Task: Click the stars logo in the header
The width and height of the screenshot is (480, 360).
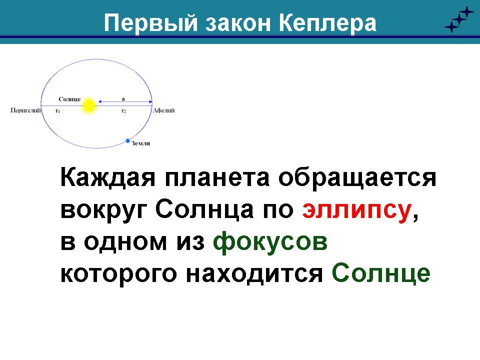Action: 459,19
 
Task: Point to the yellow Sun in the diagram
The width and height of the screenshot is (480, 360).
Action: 89,106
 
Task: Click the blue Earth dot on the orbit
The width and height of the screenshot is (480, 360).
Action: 128,141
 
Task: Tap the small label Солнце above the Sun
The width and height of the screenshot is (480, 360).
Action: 69,99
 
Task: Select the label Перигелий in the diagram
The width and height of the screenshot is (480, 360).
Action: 25,110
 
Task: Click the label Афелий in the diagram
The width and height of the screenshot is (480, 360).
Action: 164,110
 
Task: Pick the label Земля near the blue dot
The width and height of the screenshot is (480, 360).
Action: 141,143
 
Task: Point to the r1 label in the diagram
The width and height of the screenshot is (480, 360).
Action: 58,111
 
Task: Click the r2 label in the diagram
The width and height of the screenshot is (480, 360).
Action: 123,111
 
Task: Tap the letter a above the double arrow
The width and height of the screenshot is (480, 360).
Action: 123,99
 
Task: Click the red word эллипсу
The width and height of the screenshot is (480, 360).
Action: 356,211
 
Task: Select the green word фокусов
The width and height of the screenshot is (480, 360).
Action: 270,242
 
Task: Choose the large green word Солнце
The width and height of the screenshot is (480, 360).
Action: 381,273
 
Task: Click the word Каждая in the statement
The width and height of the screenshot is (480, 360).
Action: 108,177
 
